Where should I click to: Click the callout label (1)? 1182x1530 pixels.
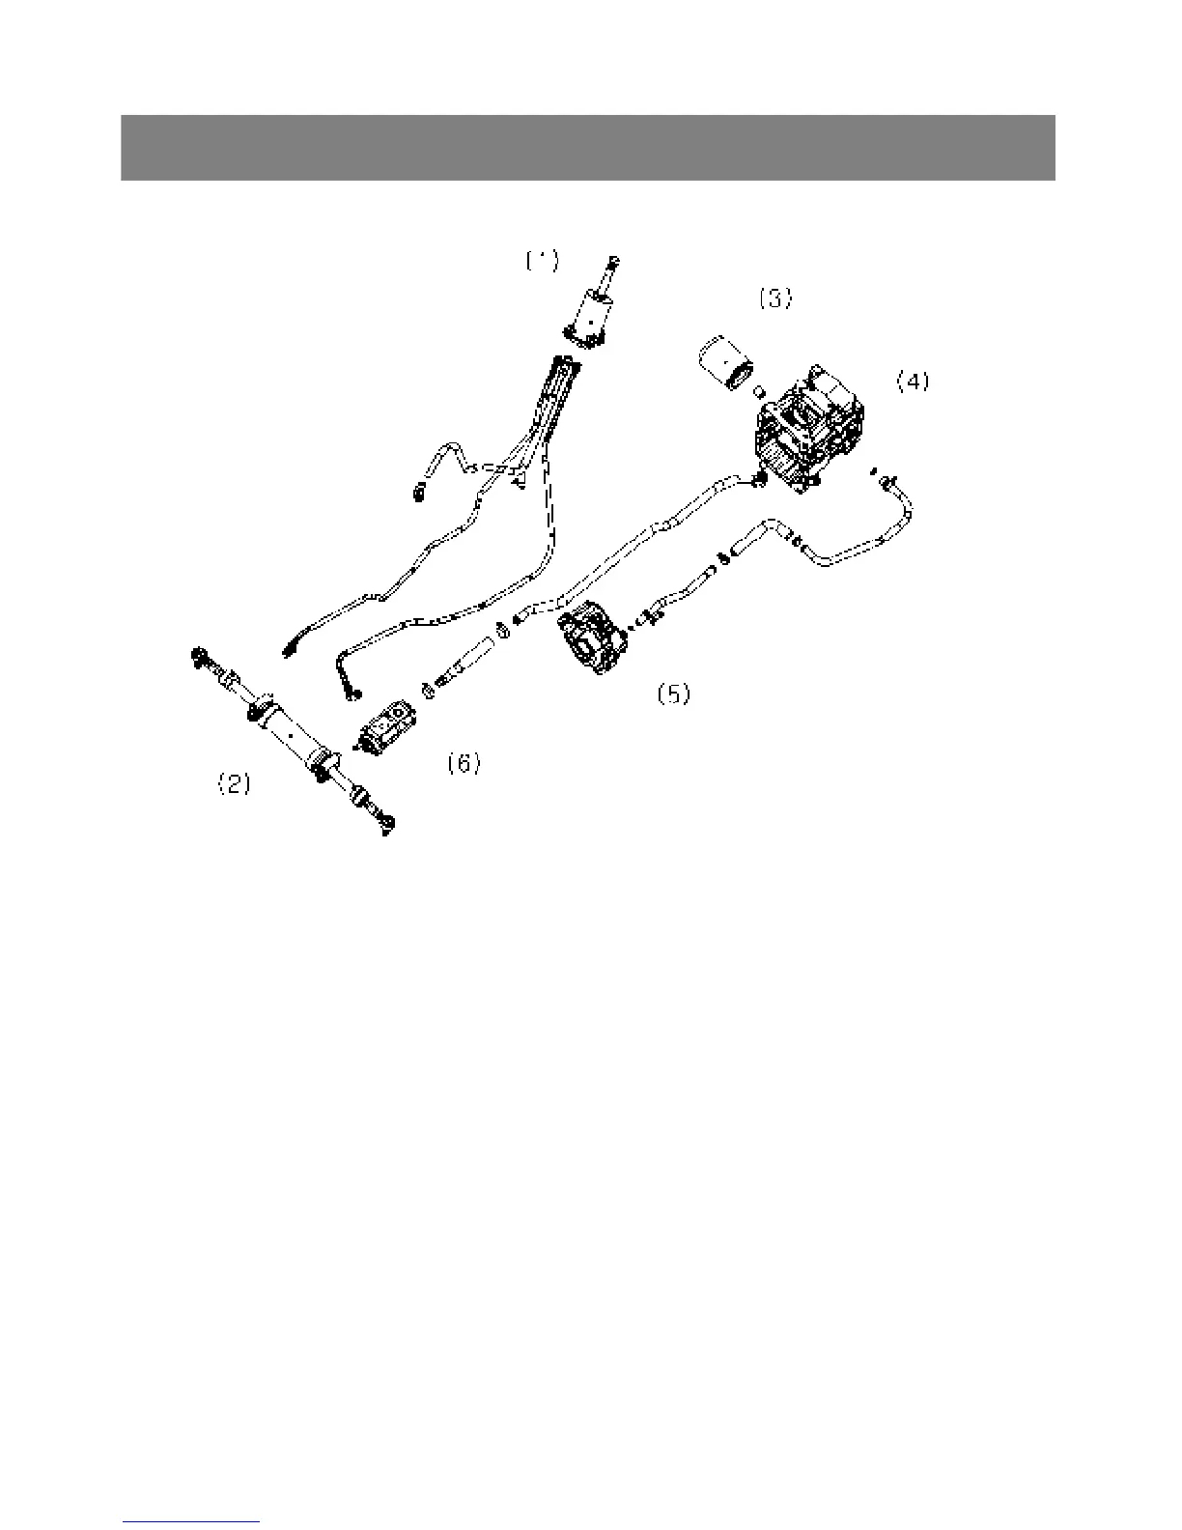click(542, 261)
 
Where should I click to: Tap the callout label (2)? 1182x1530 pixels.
click(233, 784)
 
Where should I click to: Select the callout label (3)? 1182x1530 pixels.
click(774, 299)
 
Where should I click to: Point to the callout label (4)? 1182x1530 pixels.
click(913, 382)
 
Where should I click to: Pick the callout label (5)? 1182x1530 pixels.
click(673, 694)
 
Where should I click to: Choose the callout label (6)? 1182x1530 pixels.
click(464, 764)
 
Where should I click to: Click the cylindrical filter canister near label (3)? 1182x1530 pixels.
click(722, 364)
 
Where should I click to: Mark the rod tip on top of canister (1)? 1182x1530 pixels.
click(612, 262)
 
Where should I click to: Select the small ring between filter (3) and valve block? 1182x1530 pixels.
click(759, 393)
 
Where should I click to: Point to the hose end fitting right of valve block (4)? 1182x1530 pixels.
click(886, 479)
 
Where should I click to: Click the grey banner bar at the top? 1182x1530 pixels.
click(587, 148)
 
